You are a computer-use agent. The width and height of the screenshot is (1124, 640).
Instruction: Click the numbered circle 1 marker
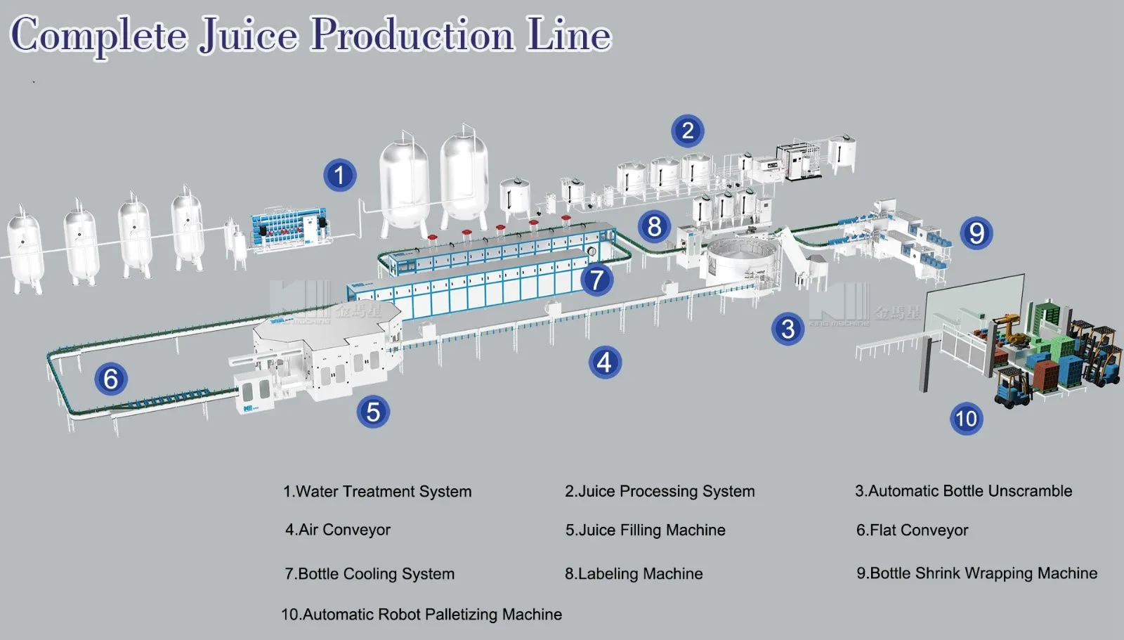coord(340,175)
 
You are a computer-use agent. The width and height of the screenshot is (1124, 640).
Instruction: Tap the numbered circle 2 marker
coord(688,131)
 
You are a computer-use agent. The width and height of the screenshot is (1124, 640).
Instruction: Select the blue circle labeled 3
coord(788,329)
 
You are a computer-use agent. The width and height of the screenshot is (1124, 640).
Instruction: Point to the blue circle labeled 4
coord(604,363)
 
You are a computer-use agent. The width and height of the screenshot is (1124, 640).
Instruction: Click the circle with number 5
coord(373,412)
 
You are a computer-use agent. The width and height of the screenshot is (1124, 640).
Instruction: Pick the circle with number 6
coord(111,379)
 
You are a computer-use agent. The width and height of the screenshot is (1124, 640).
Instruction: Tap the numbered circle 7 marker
coord(596,280)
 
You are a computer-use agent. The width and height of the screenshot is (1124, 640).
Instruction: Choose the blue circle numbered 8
coord(654,227)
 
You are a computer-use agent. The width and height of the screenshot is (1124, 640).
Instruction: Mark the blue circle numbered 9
coord(976,233)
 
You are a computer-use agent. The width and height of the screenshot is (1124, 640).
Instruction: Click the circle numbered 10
coord(966,419)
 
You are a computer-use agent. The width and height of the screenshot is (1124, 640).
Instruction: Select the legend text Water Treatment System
coord(377,492)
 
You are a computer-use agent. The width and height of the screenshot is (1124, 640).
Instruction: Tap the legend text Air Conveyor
coord(338,530)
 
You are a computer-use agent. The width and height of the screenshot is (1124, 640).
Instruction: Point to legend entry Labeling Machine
coord(634,574)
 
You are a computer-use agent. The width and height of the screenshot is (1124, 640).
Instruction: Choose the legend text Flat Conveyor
coord(912,530)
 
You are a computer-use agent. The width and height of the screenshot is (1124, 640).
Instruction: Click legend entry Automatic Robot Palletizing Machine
coord(421,615)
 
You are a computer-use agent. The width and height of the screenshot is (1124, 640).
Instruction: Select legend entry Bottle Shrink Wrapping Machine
coord(976,573)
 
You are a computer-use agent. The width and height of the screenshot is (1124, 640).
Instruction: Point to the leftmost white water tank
coord(25,249)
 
